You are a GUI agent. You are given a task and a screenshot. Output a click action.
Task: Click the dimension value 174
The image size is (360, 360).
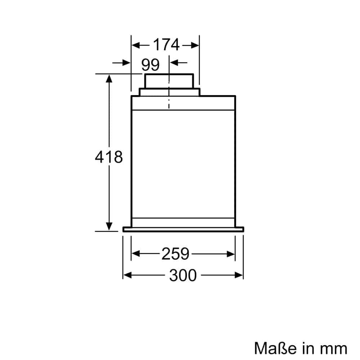pos(166,45)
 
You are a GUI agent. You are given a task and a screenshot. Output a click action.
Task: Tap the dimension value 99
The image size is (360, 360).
pos(150,65)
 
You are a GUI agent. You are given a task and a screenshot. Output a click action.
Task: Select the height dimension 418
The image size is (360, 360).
pos(109,157)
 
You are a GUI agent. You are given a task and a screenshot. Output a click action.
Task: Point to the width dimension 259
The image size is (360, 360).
pos(175,254)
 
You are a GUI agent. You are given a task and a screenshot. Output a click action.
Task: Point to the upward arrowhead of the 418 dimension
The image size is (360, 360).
pos(109,78)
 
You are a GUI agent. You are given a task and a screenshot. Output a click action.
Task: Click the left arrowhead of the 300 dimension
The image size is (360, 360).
pos(126,275)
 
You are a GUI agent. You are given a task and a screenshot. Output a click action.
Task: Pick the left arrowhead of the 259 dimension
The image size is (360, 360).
pos(135,254)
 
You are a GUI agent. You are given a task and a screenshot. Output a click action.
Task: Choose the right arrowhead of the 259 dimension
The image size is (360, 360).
pos(231,254)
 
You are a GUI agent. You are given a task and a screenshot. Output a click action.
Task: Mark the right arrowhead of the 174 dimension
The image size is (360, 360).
pos(195,45)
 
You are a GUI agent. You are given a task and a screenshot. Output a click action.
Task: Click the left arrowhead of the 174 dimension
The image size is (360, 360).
pos(135,45)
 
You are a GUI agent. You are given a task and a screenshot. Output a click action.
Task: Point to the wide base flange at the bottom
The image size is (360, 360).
pos(183,229)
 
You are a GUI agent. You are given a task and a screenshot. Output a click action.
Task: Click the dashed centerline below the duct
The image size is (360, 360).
pos(169,101)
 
